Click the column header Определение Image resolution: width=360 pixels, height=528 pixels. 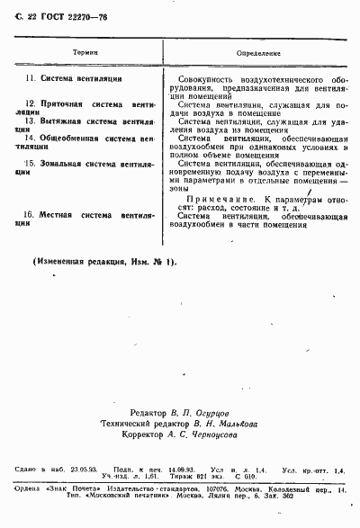pos(258,54)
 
